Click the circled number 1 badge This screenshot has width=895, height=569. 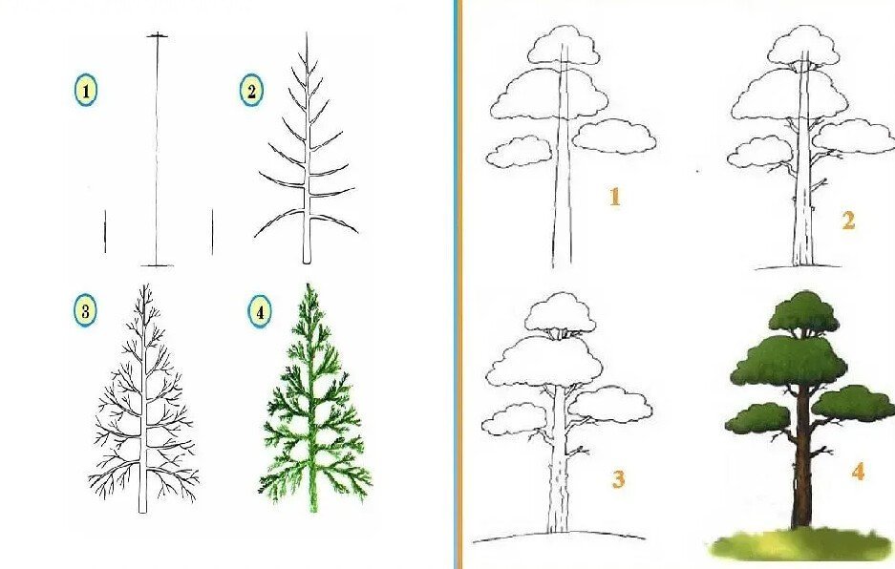coord(86,91)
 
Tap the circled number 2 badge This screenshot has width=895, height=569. coord(251,90)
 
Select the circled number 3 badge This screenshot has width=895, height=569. coord(85,311)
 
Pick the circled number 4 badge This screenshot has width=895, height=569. coord(260,312)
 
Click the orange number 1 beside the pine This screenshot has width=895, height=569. coord(615,197)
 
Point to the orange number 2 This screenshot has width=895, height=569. coord(849,221)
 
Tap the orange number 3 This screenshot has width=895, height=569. coord(618,478)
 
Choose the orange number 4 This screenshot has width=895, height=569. coord(858,472)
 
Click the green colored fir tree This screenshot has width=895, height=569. coord(312,399)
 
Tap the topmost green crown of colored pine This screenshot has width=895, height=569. coord(803,313)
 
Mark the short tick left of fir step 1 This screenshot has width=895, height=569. coord(105,231)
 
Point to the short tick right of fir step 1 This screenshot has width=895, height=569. coord(212,231)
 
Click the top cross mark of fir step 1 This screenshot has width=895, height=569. coord(158,36)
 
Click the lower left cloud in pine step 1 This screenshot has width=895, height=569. coord(519,152)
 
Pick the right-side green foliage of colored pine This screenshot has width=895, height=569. coord(853,404)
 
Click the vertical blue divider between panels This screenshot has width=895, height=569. coord(457,284)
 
